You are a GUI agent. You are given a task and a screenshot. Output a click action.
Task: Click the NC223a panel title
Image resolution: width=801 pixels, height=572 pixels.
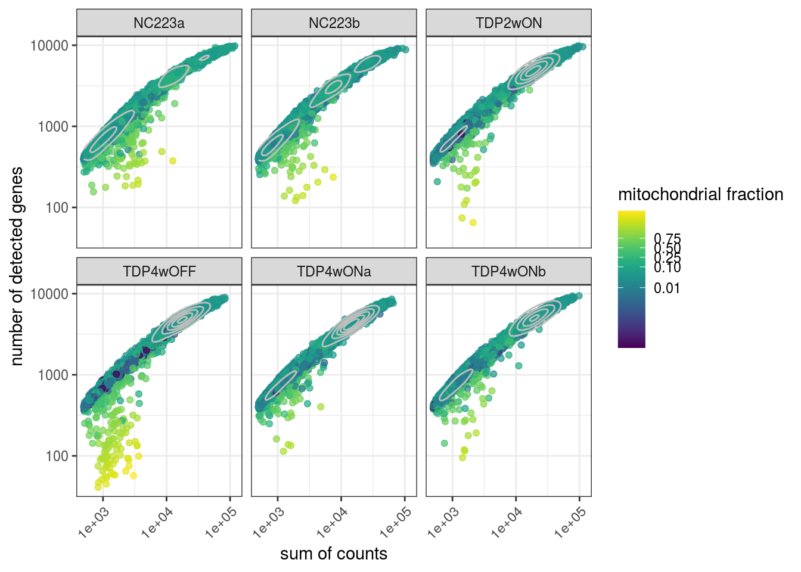(159, 23)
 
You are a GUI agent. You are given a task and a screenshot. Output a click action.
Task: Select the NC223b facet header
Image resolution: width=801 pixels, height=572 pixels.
(334, 23)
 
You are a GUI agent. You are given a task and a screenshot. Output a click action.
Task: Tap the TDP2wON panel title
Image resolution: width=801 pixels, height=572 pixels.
(508, 23)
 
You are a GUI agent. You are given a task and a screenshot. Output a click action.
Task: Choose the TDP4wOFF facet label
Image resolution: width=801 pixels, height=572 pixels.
(159, 272)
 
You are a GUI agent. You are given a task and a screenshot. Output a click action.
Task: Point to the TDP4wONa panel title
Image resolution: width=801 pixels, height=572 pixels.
(334, 272)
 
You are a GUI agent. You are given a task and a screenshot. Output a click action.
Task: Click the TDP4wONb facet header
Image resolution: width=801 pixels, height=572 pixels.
(508, 272)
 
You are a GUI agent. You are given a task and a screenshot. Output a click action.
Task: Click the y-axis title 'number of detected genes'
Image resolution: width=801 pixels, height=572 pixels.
(17, 266)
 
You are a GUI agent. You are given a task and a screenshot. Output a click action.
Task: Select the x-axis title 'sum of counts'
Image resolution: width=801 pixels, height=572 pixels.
(334, 554)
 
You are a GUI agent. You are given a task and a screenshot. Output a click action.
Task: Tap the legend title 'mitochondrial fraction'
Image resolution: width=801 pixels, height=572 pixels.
(700, 194)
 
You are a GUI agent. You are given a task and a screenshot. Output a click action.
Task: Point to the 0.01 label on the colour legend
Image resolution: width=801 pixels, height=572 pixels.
(667, 288)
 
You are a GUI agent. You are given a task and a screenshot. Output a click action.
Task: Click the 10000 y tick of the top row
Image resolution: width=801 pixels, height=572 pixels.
(49, 45)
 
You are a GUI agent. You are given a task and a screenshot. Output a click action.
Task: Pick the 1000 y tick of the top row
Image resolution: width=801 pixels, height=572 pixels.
(53, 126)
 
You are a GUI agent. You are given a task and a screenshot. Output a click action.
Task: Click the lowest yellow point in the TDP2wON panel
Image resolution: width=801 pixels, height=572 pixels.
(473, 223)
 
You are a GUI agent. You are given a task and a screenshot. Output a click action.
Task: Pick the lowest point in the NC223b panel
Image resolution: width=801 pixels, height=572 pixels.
(295, 200)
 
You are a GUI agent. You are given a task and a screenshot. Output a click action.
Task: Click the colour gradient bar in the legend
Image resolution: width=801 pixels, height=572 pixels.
(631, 279)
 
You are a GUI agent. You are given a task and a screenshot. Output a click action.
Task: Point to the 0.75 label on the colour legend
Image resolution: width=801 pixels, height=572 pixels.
(667, 239)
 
